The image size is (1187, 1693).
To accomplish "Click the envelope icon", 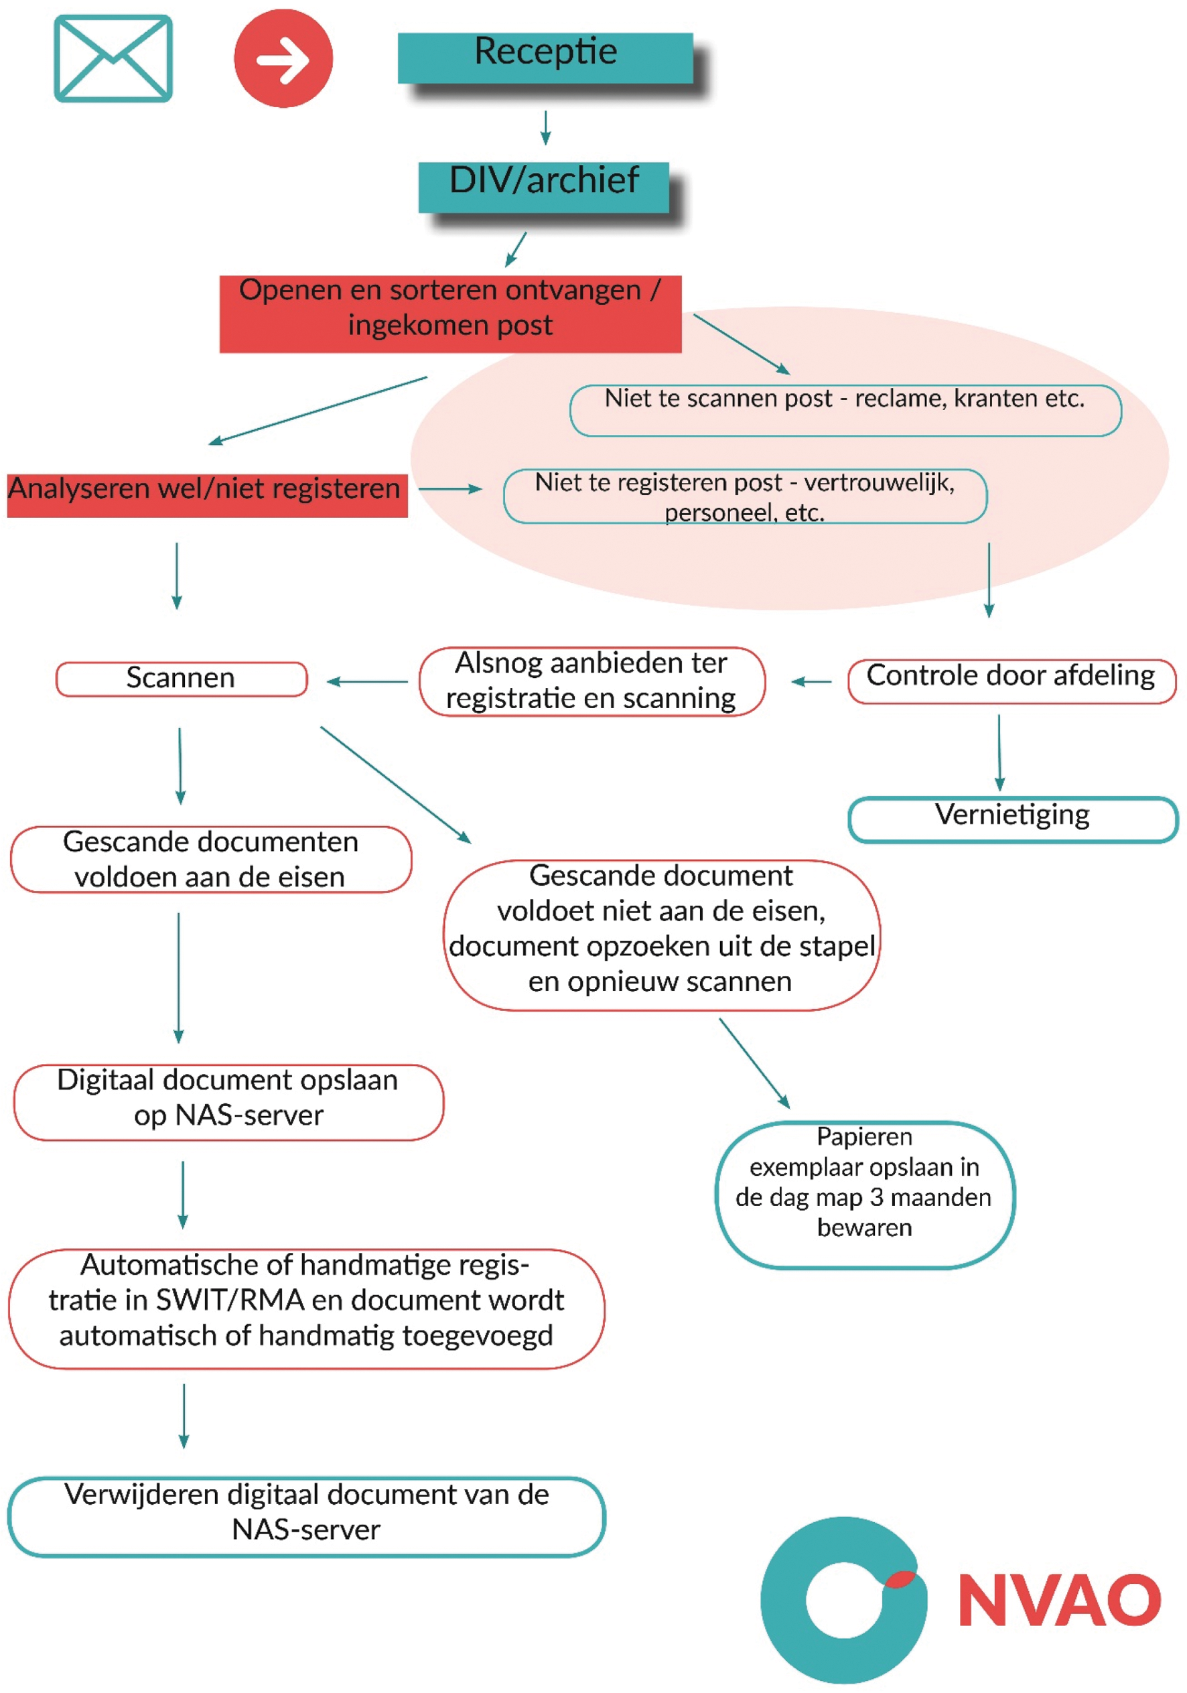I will click(x=113, y=58).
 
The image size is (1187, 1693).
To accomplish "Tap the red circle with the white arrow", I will click(x=283, y=58).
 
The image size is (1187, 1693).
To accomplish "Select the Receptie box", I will click(x=545, y=58).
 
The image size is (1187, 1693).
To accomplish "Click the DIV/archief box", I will click(x=543, y=186).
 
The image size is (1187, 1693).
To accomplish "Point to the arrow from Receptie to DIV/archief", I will click(x=545, y=127).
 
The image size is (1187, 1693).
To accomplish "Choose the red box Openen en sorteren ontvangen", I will click(x=449, y=314).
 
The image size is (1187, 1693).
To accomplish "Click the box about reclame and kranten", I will click(x=845, y=410).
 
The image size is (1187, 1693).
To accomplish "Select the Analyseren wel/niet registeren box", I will click(x=206, y=495).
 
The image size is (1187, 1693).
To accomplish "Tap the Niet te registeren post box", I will click(x=745, y=496).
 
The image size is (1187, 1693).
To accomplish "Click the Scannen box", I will click(x=182, y=679).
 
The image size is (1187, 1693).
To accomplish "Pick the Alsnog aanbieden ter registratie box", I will click(x=591, y=681).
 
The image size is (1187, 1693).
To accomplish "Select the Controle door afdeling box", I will click(x=1011, y=681).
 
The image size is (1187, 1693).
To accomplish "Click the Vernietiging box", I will click(x=1012, y=819).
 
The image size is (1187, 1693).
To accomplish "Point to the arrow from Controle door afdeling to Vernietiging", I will click(x=999, y=752).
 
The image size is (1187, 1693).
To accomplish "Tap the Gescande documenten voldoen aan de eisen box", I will click(x=211, y=859).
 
